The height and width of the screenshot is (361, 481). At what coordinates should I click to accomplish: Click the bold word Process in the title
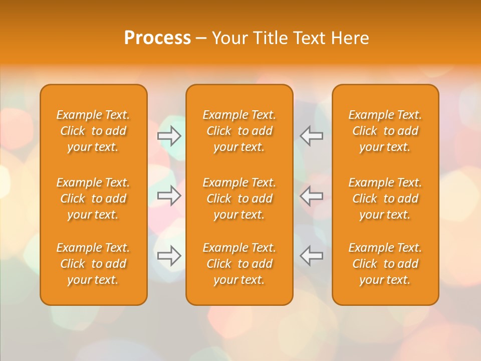(157, 38)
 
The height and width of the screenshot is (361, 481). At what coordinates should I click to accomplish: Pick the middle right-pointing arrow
(169, 196)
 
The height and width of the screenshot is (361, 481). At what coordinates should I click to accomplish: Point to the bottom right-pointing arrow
(169, 256)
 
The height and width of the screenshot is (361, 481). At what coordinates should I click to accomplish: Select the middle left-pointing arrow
(311, 196)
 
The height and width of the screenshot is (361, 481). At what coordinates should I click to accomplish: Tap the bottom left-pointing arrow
(311, 256)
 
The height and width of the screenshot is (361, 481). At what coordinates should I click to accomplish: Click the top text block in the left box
(93, 131)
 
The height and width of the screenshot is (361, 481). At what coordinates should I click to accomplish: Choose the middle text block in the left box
(93, 199)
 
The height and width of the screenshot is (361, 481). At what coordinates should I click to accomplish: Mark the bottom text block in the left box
(93, 264)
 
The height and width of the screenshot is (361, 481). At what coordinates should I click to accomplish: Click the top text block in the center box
(239, 131)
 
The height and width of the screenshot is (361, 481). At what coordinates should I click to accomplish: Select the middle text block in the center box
(239, 199)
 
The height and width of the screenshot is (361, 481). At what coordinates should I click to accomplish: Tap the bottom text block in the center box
(239, 264)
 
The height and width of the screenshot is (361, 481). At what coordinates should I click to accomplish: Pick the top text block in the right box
(385, 131)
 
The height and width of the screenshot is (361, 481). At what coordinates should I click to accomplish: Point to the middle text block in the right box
(385, 199)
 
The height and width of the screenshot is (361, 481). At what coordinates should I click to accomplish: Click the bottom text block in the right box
(385, 264)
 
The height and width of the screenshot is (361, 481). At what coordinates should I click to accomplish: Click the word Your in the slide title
(228, 38)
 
